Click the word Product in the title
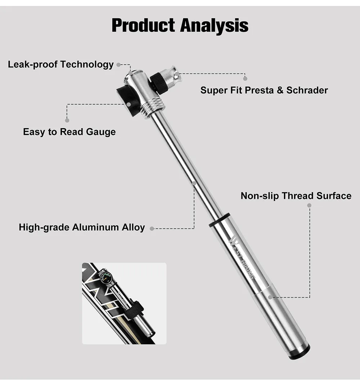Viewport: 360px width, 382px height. tap(144, 25)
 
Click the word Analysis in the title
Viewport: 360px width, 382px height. tap(214, 25)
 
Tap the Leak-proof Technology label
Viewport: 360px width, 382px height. tap(61, 64)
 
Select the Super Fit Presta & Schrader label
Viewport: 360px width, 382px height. tap(264, 90)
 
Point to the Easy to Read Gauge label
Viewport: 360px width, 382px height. tap(69, 132)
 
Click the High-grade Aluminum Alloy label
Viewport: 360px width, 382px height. tap(82, 228)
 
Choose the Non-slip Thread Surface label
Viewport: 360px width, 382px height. tap(296, 196)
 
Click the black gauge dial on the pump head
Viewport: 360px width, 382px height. tap(128, 100)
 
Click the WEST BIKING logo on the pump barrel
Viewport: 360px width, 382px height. tap(242, 258)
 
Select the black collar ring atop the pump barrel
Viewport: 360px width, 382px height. tap(219, 220)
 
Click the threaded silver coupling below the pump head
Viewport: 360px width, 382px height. tap(152, 107)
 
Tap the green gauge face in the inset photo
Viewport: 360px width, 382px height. tap(106, 278)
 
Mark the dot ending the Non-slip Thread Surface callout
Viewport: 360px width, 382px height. tap(309, 205)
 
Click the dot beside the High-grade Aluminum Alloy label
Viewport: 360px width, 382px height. tap(152, 228)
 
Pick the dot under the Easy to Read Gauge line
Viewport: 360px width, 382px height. tap(67, 120)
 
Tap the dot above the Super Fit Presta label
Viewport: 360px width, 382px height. tap(245, 78)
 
